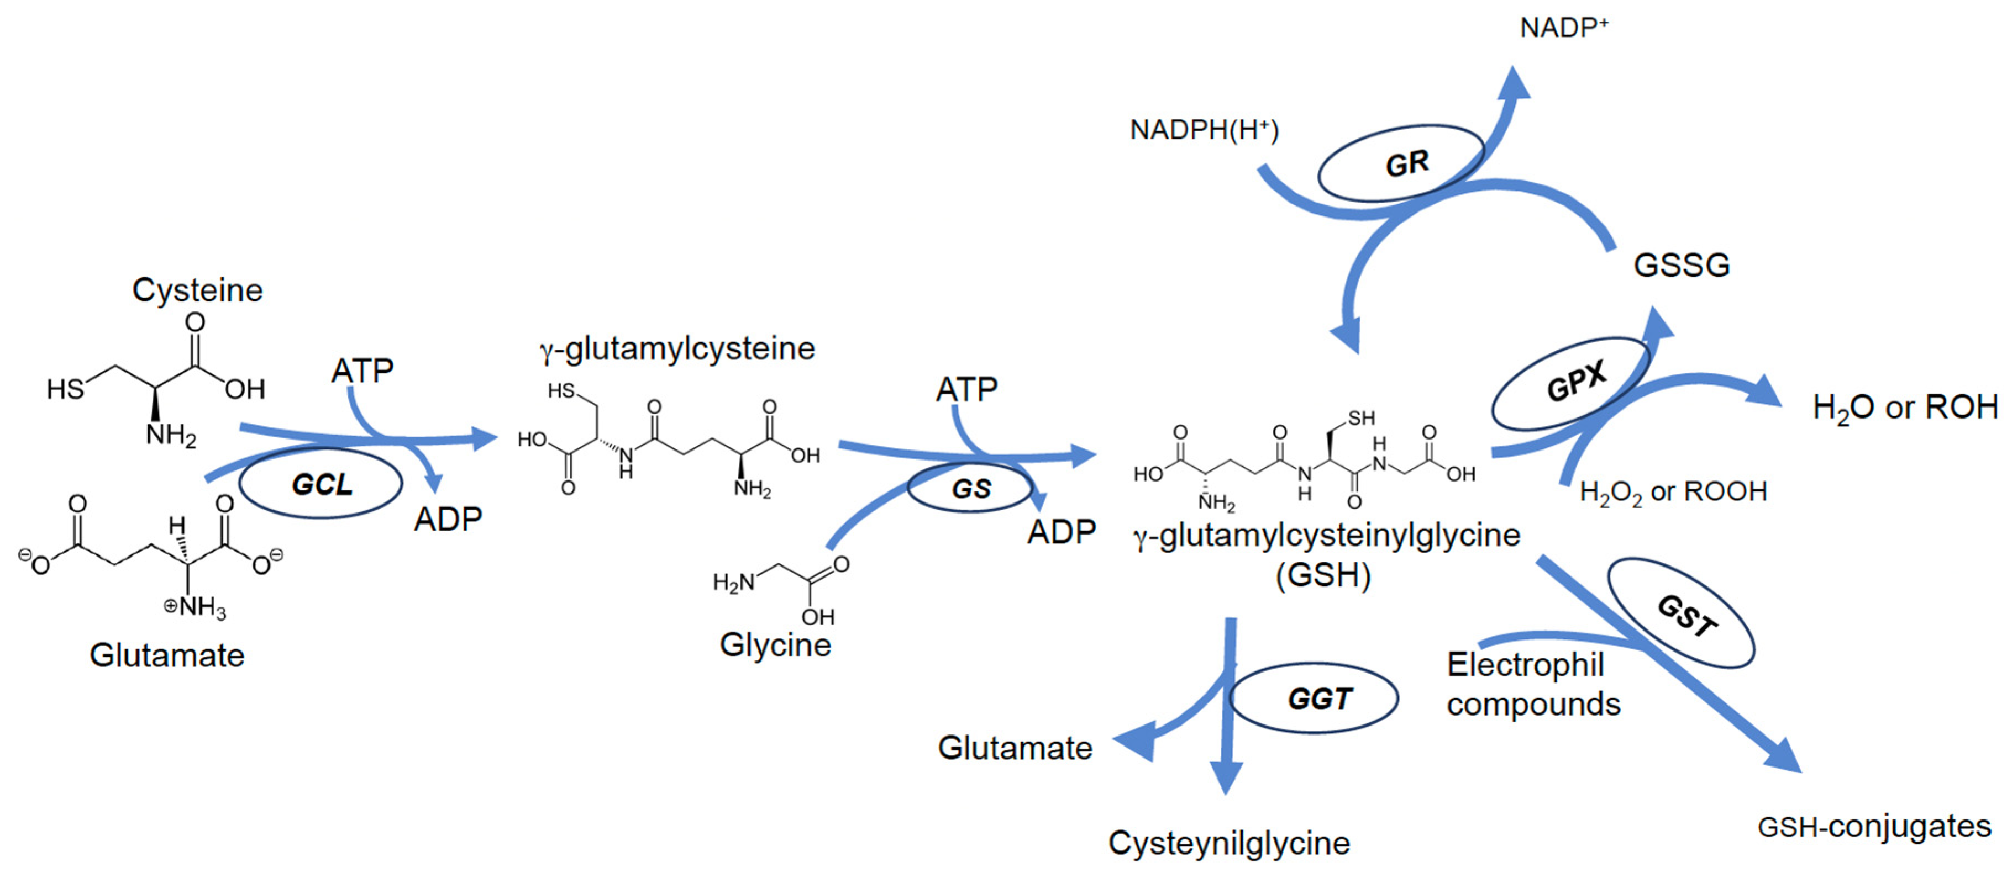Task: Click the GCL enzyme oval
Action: pyautogui.click(x=321, y=484)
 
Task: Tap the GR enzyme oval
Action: pyautogui.click(x=1401, y=163)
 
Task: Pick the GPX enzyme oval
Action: pyautogui.click(x=1572, y=383)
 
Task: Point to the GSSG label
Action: pyautogui.click(x=1682, y=266)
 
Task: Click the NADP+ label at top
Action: pyautogui.click(x=1563, y=28)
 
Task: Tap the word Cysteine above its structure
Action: pyautogui.click(x=197, y=290)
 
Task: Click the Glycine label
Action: pyautogui.click(x=775, y=645)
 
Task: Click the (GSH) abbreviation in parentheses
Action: pyautogui.click(x=1323, y=575)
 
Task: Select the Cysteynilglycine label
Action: pyautogui.click(x=1228, y=843)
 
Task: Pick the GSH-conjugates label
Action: pyautogui.click(x=1874, y=826)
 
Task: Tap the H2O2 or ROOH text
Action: pyautogui.click(x=1673, y=492)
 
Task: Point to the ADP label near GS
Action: pyautogui.click(x=1061, y=533)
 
